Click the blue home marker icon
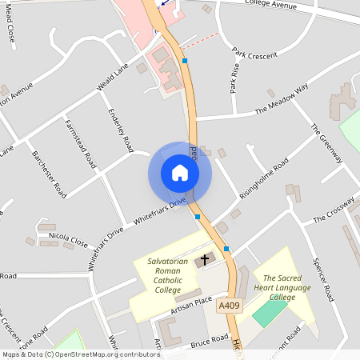click(180, 173)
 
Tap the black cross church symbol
click(204, 259)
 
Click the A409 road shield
click(228, 305)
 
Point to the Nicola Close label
click(68, 238)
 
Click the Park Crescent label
click(254, 55)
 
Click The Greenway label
click(326, 144)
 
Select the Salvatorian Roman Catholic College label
click(168, 275)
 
